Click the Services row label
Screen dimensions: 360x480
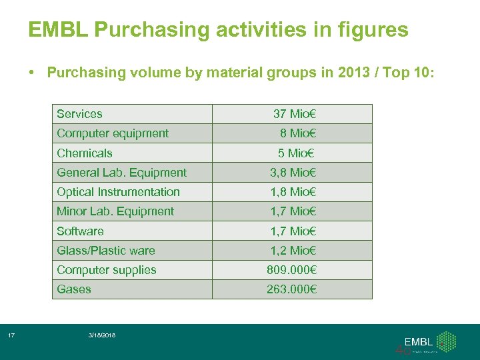pos(80,114)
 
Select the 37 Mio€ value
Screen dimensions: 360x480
pos(295,114)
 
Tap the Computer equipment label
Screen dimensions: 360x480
pos(113,133)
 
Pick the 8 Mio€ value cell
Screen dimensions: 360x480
pos(298,133)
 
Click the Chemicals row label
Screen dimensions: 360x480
pos(85,153)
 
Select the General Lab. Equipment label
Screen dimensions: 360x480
pos(121,173)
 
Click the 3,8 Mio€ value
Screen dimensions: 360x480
pos(293,173)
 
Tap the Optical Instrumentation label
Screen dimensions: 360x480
pos(118,192)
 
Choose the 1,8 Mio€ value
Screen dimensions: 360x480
pos(293,192)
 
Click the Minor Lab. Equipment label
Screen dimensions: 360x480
pos(115,211)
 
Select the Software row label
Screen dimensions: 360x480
pos(80,231)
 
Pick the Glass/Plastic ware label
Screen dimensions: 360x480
pos(106,251)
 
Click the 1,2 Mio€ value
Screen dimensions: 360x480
pos(293,251)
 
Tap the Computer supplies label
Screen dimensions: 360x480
pos(107,270)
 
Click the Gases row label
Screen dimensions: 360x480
pos(74,289)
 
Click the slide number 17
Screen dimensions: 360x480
pos(11,335)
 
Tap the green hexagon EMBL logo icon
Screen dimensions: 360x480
pos(446,341)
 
